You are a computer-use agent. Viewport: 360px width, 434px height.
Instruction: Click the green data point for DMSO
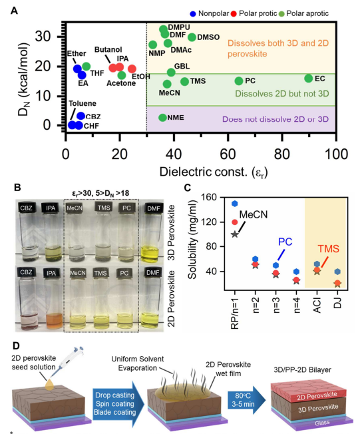coord(192,37)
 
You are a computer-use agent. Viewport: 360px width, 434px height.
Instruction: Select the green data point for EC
coord(308,79)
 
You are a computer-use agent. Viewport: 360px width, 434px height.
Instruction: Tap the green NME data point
coord(162,118)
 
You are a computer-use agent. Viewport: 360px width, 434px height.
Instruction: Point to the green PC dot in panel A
coord(239,81)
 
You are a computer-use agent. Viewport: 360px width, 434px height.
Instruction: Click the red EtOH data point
coord(132,69)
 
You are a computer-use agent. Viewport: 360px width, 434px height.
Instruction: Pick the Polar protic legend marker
coord(234,13)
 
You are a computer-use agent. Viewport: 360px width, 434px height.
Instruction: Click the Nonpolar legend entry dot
coord(193,13)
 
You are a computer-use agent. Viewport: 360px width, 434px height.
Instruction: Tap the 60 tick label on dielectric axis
coord(228,154)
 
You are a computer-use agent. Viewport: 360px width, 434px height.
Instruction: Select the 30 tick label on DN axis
coord(43,36)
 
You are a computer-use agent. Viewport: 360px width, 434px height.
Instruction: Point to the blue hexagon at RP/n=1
coord(235,204)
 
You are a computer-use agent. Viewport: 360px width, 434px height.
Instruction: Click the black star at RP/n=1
coord(235,234)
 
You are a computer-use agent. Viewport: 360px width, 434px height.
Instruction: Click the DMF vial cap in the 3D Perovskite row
coord(153,208)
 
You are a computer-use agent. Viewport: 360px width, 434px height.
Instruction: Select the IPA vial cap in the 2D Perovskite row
coord(51,273)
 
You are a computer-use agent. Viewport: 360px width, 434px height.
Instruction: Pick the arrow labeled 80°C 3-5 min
coord(246,399)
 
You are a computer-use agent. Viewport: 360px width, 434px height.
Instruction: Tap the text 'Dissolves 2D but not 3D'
coord(282,94)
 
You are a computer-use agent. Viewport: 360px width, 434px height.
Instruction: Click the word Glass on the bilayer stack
coord(322,423)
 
